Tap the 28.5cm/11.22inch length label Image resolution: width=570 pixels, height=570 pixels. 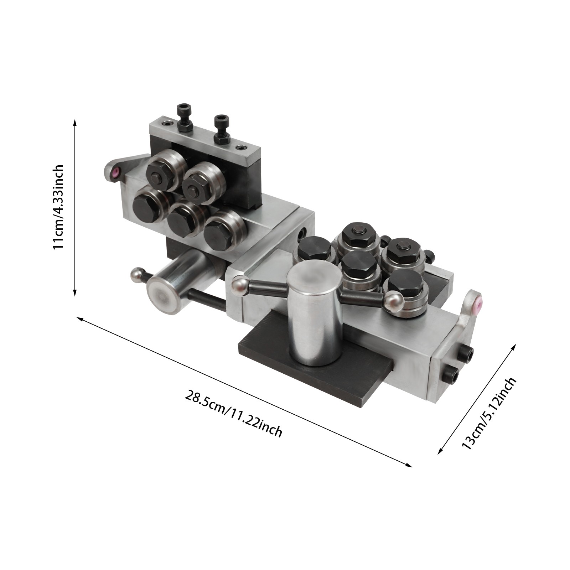[234, 414]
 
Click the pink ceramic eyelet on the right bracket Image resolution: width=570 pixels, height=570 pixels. [477, 303]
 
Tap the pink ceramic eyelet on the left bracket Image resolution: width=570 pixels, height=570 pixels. [115, 173]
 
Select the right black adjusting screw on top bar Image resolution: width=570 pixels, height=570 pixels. [221, 130]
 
